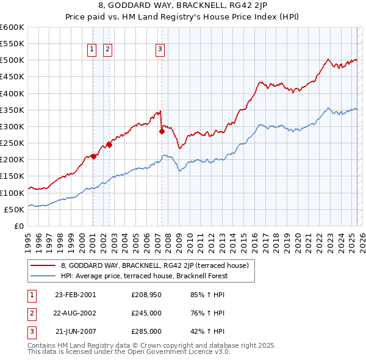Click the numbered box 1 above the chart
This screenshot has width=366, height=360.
point(91,49)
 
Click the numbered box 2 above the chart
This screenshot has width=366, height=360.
point(107,49)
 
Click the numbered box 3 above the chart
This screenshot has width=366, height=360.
point(160,49)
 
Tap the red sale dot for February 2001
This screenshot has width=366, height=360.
point(93,156)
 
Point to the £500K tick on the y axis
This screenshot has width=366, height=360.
point(12,60)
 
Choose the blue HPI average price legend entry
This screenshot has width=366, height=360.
point(144,276)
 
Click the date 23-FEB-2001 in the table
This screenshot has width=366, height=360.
point(75,295)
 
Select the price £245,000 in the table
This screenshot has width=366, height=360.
point(146,313)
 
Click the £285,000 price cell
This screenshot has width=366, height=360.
point(146,331)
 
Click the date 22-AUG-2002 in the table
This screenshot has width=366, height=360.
point(75,313)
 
